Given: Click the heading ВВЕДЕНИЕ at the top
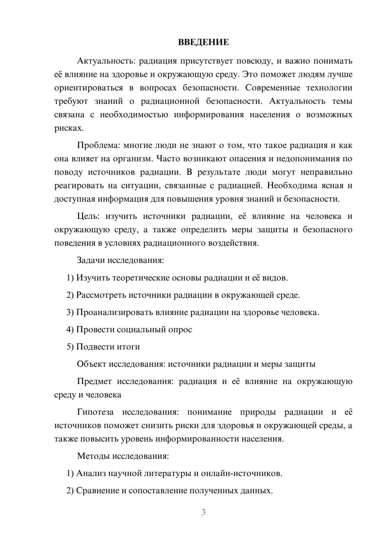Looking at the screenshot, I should (x=203, y=42).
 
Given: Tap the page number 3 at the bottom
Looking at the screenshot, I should (x=203, y=512).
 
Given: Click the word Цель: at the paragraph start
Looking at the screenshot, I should (x=88, y=216).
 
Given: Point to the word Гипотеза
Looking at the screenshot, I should (x=95, y=412).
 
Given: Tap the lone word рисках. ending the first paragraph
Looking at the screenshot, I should (x=69, y=128).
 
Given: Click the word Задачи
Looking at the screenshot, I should (x=91, y=261).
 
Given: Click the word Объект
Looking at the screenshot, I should (x=92, y=364).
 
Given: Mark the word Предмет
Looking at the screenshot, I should (x=94, y=381).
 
